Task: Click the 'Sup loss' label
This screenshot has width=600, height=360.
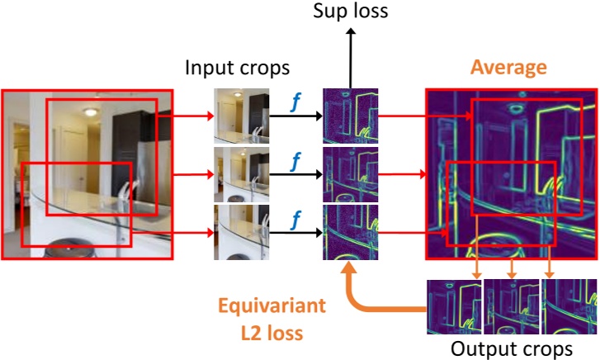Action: [x=350, y=13]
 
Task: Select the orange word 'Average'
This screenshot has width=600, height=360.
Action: [x=508, y=66]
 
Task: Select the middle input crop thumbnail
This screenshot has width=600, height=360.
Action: [x=241, y=173]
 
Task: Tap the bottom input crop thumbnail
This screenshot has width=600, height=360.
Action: [x=241, y=231]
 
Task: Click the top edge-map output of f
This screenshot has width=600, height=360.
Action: [x=350, y=115]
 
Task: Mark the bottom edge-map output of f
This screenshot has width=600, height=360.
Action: [x=350, y=231]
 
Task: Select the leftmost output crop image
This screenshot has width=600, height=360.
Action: [x=454, y=307]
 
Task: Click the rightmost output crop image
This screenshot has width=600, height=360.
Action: [x=569, y=307]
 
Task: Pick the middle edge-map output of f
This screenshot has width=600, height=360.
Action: [x=350, y=173]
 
